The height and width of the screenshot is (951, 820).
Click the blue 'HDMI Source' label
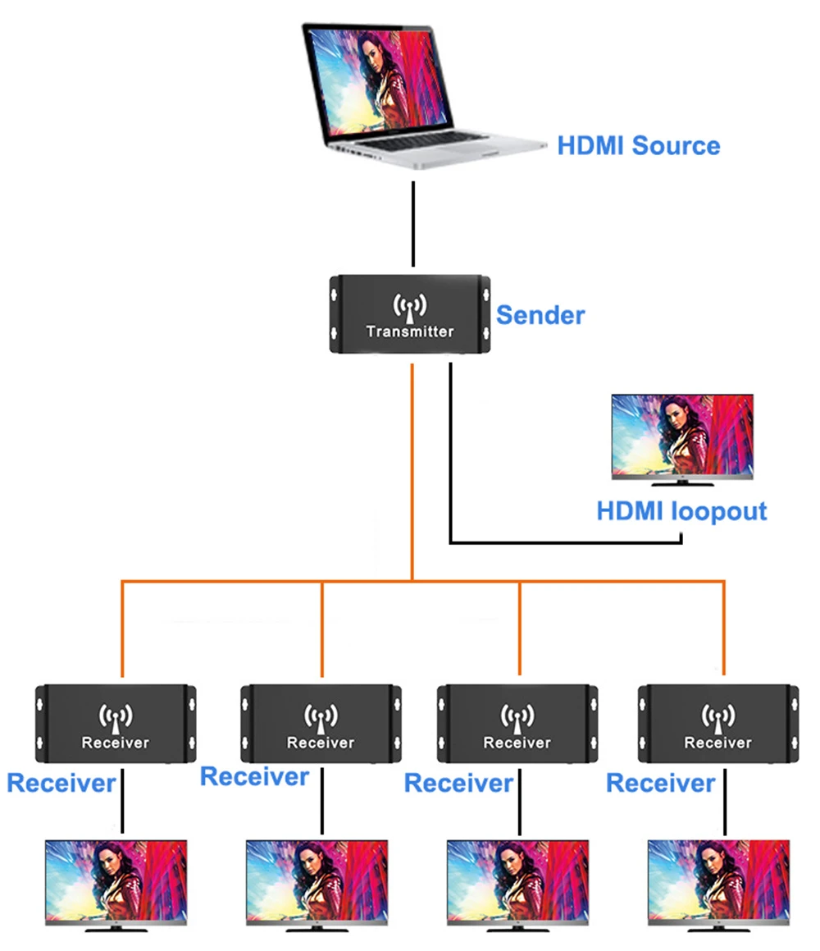(x=638, y=146)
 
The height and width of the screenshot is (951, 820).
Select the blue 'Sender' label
(x=540, y=314)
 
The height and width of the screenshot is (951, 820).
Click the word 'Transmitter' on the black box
(x=410, y=331)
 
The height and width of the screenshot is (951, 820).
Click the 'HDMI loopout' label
(x=681, y=511)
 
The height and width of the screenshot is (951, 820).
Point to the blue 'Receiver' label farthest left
(x=61, y=783)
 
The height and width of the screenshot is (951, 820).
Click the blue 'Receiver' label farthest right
(x=660, y=784)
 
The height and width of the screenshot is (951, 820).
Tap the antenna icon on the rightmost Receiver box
(x=717, y=717)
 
